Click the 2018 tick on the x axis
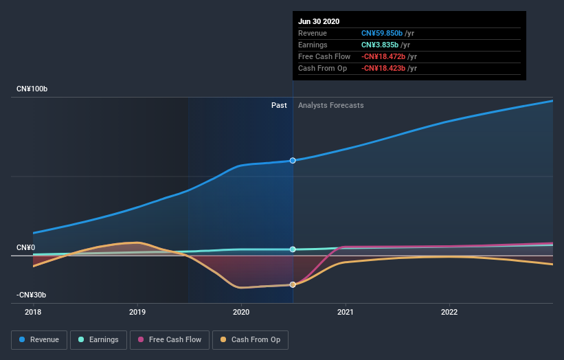click(x=33, y=311)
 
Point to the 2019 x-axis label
click(x=137, y=311)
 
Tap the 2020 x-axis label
click(x=241, y=311)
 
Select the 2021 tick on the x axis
click(x=345, y=311)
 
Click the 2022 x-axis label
click(x=449, y=311)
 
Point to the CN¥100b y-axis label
click(x=32, y=90)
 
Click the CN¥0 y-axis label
click(x=26, y=247)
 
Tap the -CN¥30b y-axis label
click(x=32, y=295)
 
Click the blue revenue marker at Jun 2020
click(x=293, y=161)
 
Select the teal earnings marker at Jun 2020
click(x=293, y=249)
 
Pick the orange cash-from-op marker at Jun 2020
click(x=293, y=284)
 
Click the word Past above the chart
click(x=279, y=105)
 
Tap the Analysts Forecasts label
click(x=331, y=105)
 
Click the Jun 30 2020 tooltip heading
click(x=319, y=21)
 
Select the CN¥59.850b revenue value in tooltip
click(x=382, y=33)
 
